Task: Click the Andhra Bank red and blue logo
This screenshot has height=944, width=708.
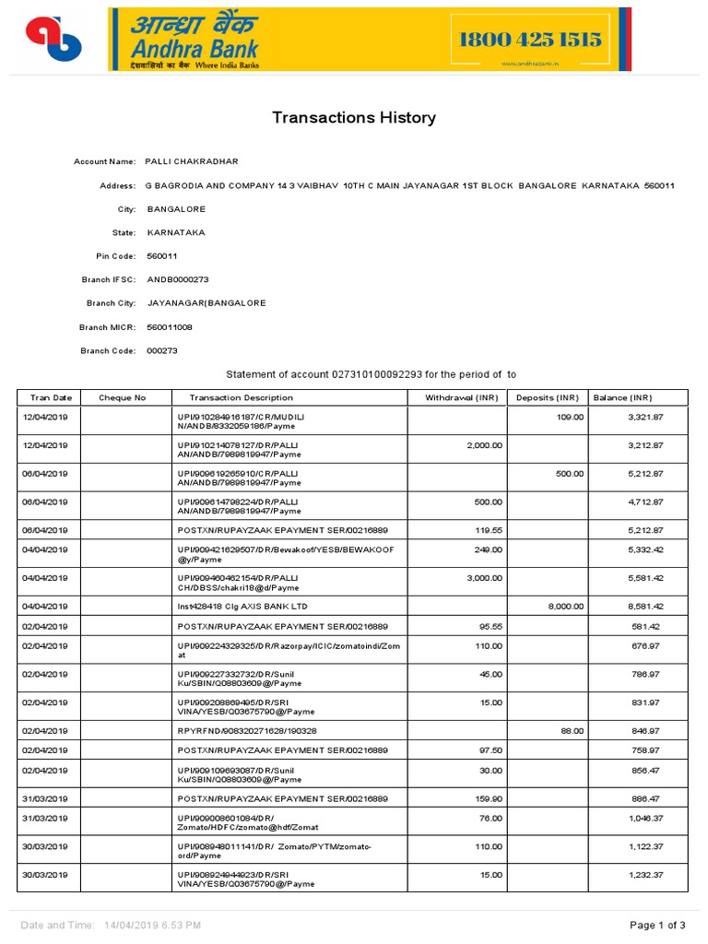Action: coord(53,39)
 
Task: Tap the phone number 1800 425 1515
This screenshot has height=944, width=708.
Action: coord(530,40)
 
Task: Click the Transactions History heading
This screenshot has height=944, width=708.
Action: coord(353,118)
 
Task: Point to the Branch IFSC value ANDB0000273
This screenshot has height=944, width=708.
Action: coord(178,279)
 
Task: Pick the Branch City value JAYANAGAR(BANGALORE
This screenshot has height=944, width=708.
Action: coord(206,303)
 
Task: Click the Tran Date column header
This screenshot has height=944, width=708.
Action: coord(50,397)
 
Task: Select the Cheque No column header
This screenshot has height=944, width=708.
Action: coord(123,397)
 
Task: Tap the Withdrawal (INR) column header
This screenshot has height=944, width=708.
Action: coord(461,397)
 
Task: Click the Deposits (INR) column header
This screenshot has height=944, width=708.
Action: coord(548,397)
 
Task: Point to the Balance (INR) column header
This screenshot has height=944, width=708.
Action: coord(622,397)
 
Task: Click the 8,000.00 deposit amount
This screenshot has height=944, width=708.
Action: coord(565,607)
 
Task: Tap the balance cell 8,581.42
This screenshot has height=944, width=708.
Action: coord(645,607)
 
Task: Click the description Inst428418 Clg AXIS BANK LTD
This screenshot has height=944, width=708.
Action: coord(242,607)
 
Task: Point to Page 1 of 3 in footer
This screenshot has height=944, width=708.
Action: coord(657,925)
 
